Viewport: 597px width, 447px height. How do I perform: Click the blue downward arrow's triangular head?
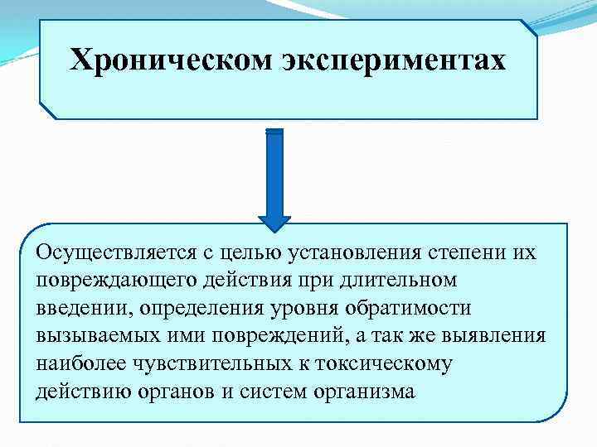click(274, 222)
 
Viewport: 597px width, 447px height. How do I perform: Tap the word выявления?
click(515, 336)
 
